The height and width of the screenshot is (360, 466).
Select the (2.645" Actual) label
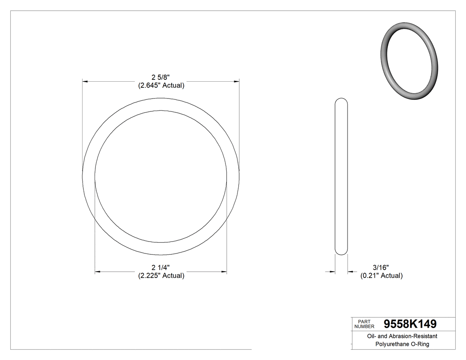[x=161, y=85]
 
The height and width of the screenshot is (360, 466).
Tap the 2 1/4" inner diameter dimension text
[x=161, y=268]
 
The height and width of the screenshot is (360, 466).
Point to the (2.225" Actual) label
[x=161, y=276]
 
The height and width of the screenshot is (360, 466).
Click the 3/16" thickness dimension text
[x=381, y=268]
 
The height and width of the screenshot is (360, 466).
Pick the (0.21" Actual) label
[x=381, y=276]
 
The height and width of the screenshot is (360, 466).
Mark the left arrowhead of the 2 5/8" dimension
[x=86, y=82]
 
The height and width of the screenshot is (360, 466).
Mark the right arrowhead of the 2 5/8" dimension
[x=237, y=82]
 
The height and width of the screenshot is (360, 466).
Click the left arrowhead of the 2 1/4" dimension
[x=98, y=272]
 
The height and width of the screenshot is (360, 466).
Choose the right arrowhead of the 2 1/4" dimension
[x=224, y=272]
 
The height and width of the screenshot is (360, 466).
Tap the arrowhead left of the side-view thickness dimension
[x=332, y=272]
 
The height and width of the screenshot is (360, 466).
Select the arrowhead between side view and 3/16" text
[x=350, y=272]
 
